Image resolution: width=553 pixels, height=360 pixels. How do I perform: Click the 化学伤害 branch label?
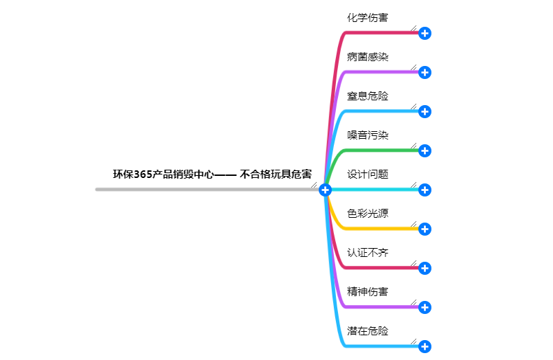(368, 18)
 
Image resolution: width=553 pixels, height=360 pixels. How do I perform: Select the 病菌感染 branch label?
(368, 57)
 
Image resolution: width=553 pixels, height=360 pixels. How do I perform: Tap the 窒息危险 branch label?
(368, 96)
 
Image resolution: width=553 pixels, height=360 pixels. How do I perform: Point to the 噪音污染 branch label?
(368, 135)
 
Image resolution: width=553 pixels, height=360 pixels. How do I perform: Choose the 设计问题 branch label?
(368, 175)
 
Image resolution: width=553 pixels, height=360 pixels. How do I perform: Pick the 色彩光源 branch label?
(368, 214)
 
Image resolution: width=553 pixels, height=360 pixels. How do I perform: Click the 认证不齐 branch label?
(368, 253)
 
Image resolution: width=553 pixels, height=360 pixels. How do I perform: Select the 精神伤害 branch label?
(368, 292)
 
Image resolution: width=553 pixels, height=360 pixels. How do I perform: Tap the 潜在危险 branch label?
(368, 331)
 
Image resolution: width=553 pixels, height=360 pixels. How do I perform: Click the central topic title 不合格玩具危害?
(212, 175)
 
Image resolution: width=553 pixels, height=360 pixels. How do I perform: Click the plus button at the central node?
(326, 190)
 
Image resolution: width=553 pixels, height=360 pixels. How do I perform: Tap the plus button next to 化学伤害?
(425, 33)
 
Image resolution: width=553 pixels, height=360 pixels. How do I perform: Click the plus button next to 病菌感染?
(425, 72)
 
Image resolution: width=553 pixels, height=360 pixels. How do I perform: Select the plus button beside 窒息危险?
(425, 111)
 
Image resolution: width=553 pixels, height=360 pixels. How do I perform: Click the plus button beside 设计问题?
(425, 190)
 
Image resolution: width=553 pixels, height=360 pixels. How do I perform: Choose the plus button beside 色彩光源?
(425, 229)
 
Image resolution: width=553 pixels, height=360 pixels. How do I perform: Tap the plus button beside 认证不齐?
(425, 268)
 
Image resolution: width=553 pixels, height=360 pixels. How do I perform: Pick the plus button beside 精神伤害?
(425, 307)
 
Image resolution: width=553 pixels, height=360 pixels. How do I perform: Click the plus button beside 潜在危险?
(425, 346)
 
